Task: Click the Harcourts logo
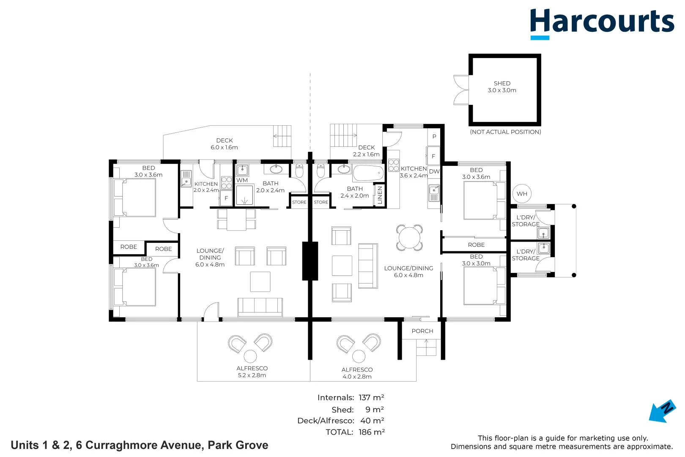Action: [x=602, y=24]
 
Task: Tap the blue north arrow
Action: [x=662, y=411]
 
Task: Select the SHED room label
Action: [x=502, y=83]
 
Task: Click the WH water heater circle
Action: [x=522, y=194]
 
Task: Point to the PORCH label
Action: [x=422, y=331]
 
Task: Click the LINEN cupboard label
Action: [x=380, y=195]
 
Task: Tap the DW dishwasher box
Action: [x=434, y=171]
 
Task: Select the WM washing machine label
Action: [x=242, y=180]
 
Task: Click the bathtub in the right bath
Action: [x=368, y=173]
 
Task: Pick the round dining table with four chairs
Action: [x=409, y=238]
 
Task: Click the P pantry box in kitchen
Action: [x=434, y=137]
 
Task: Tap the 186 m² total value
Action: [x=372, y=432]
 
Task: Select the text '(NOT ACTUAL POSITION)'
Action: [x=505, y=132]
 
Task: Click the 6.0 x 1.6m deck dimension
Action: [x=224, y=147]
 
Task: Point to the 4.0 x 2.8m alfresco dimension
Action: [x=357, y=377]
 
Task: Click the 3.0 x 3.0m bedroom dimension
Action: [x=476, y=263]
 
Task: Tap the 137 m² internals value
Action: [x=371, y=397]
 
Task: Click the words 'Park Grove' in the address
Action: [x=238, y=445]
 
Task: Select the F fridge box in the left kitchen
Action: [x=226, y=198]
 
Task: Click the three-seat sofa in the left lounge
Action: [x=260, y=307]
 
